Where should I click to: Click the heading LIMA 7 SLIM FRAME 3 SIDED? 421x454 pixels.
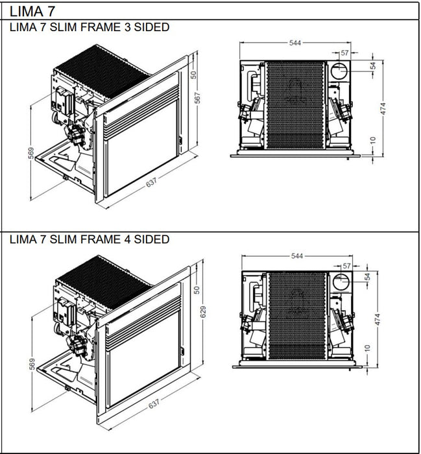pyautogui.click(x=90, y=27)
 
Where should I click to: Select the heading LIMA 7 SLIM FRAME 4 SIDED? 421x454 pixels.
pyautogui.click(x=90, y=239)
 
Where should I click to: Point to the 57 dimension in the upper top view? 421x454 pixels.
pyautogui.click(x=345, y=53)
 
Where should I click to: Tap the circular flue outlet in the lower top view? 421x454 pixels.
pyautogui.click(x=339, y=282)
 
